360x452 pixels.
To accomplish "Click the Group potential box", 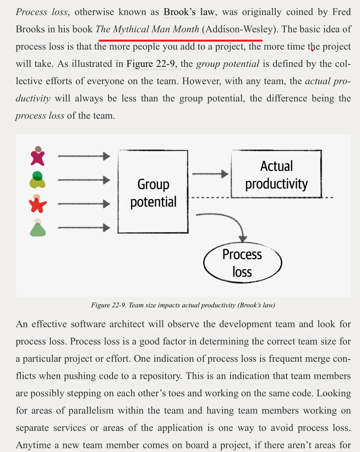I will pyautogui.click(x=153, y=192).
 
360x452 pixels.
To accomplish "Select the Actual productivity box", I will pyautogui.click(x=276, y=174).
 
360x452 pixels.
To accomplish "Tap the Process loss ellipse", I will pyautogui.click(x=242, y=263).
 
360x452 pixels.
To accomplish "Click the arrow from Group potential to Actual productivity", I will pyautogui.click(x=210, y=174).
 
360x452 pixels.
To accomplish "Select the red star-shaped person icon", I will pyautogui.click(x=38, y=203).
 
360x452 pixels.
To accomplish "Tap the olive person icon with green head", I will pyautogui.click(x=38, y=180).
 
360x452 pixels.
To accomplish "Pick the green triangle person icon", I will pyautogui.click(x=38, y=227).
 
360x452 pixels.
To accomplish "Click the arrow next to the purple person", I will pyautogui.click(x=84, y=156).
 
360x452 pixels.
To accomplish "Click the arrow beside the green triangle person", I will pyautogui.click(x=84, y=227).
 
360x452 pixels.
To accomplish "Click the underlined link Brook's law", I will pyautogui.click(x=189, y=12).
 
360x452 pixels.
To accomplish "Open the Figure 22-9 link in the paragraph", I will pyautogui.click(x=151, y=64).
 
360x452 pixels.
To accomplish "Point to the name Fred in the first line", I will pyautogui.click(x=341, y=12).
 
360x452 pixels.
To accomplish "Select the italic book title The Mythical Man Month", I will pyautogui.click(x=147, y=29).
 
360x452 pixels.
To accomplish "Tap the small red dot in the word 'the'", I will pyautogui.click(x=312, y=50).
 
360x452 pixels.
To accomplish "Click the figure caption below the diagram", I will pyautogui.click(x=183, y=305).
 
